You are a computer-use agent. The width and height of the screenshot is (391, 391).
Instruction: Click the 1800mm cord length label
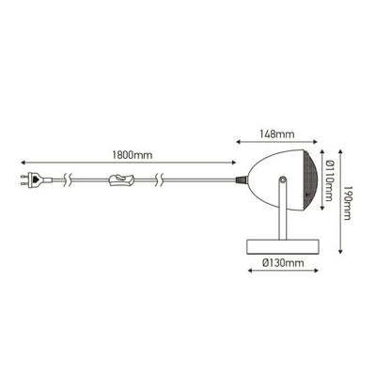point(133,155)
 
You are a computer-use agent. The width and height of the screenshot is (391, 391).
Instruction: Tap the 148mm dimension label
point(277,134)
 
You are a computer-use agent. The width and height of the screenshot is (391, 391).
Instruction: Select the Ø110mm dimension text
point(329,180)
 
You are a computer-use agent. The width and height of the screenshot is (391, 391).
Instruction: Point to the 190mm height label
point(347,203)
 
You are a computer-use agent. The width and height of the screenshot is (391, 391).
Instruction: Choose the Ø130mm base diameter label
point(283,262)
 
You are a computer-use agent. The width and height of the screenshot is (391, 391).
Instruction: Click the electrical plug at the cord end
point(36,180)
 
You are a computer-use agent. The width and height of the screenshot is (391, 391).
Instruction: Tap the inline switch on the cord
point(121,180)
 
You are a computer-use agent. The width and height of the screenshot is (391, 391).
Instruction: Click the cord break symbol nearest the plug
point(68,180)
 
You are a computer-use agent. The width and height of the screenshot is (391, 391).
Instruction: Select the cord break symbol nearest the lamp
point(160,180)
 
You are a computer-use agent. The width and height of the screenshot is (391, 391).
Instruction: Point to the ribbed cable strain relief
point(241,180)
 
